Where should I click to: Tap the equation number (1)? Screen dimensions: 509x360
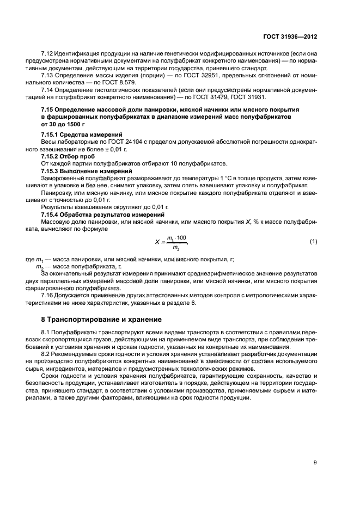click(313, 241)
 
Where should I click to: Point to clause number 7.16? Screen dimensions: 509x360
click(47, 295)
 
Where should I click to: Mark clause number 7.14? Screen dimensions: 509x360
click(47, 90)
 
